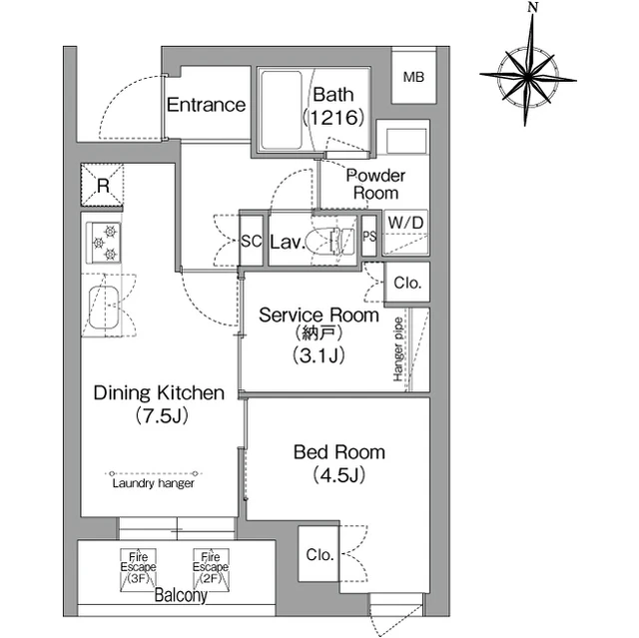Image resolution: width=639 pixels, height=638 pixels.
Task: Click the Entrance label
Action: point(206,105)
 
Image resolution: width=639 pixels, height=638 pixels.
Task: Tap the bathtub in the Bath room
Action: point(282,111)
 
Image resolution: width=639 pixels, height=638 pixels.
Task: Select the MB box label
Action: point(413,77)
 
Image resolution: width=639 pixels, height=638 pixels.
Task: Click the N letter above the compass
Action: point(532,7)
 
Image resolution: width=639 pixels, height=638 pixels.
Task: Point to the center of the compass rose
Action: point(528,76)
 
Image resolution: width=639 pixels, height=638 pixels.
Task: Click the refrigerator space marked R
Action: point(102,186)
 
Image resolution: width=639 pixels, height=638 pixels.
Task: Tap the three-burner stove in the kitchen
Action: point(104,243)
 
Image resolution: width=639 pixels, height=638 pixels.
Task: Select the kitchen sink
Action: point(104,308)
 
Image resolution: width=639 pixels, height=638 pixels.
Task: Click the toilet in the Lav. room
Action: point(330,242)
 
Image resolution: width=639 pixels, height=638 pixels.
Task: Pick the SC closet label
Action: point(251,242)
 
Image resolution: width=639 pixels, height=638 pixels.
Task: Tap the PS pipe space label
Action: point(369,237)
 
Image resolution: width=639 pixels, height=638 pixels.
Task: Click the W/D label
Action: point(405,223)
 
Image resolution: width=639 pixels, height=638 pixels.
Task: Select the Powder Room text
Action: point(375,184)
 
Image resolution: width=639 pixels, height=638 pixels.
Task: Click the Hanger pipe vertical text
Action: point(398,349)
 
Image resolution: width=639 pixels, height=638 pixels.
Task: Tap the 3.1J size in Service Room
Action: point(319,355)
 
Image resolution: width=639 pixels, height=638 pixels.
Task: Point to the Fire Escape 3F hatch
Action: point(138,570)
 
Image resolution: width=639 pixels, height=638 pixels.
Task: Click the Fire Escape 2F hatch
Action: point(211,570)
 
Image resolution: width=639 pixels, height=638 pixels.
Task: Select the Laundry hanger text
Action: point(153,483)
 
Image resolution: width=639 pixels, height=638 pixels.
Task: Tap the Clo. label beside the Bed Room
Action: point(319,554)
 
